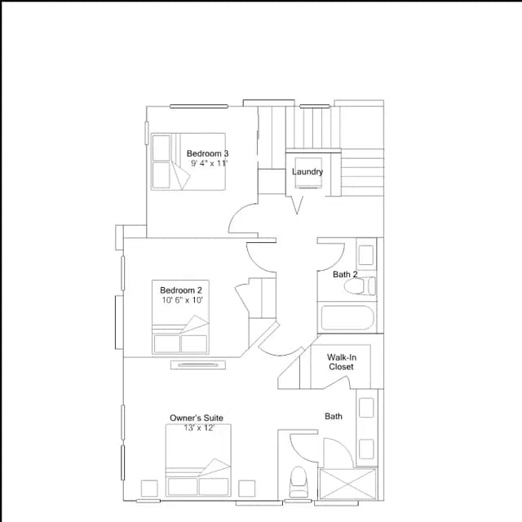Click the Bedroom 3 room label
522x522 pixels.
coord(207,153)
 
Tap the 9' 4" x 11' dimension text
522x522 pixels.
coord(209,163)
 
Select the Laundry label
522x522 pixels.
coord(307,171)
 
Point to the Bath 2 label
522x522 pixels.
coord(345,274)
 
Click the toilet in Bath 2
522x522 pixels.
coord(359,286)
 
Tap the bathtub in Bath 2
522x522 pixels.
coord(347,317)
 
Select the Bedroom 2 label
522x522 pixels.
coord(181,290)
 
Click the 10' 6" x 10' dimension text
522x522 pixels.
coord(182,300)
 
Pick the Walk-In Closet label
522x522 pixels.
coord(342,362)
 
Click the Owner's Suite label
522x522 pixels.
coord(197,418)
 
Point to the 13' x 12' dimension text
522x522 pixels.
coord(199,427)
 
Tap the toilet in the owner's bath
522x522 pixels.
coord(299,482)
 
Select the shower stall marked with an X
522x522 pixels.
coord(347,484)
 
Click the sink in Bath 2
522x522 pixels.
coord(366,255)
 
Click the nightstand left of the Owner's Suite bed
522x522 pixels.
coord(149,489)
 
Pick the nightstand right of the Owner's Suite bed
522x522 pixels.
coord(246,489)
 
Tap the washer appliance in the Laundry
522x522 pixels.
coord(308,173)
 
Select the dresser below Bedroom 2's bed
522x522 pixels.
coord(198,365)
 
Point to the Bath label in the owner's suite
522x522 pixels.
coord(334,416)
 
